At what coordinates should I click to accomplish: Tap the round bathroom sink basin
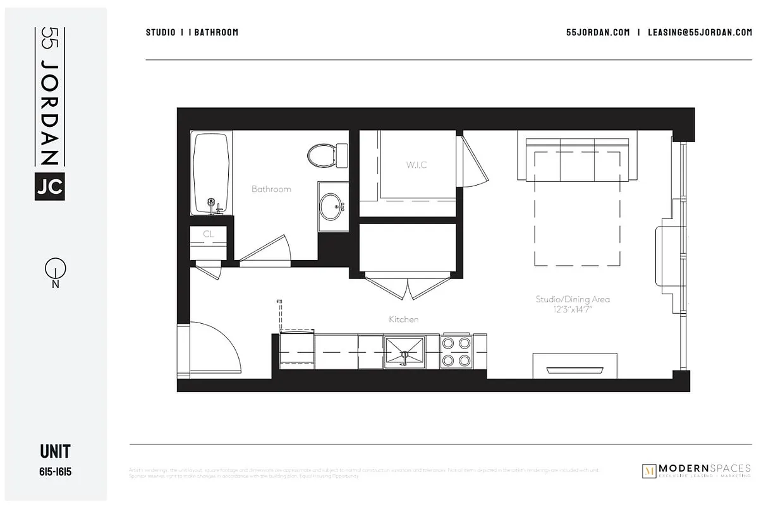pyautogui.click(x=331, y=205)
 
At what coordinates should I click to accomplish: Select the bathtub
pyautogui.click(x=212, y=173)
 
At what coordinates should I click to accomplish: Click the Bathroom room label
pyautogui.click(x=271, y=189)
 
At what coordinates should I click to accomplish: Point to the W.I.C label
pyautogui.click(x=416, y=165)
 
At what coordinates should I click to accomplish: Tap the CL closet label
pyautogui.click(x=209, y=234)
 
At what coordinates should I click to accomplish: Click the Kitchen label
pyautogui.click(x=403, y=319)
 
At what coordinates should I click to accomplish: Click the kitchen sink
pyautogui.click(x=404, y=352)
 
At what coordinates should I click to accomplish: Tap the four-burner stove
pyautogui.click(x=456, y=352)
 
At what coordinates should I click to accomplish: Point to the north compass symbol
pyautogui.click(x=56, y=271)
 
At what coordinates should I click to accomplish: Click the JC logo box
pyautogui.click(x=50, y=186)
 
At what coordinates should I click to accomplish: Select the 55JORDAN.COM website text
pyautogui.click(x=598, y=32)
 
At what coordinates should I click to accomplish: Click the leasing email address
pyautogui.click(x=700, y=32)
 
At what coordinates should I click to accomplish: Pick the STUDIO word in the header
pyautogui.click(x=161, y=32)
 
